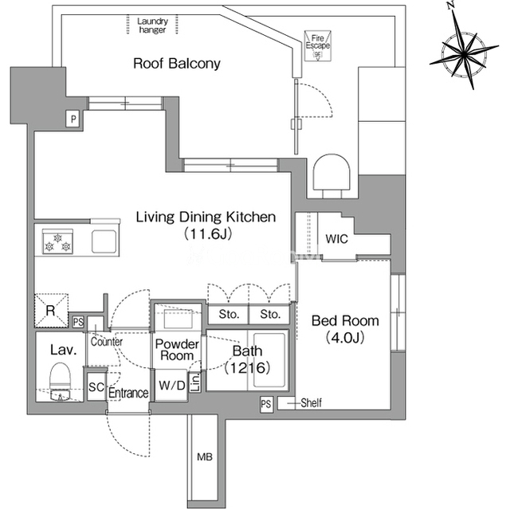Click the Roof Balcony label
point(177,64)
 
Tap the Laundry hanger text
point(152,25)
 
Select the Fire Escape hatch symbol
point(317,46)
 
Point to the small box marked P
point(73,119)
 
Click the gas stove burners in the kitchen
point(57,241)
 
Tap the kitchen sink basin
point(104,241)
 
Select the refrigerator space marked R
point(51,311)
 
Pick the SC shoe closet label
point(96,387)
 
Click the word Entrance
point(128,393)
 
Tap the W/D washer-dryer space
point(172,386)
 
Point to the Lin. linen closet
point(195,382)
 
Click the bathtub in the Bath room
point(269,360)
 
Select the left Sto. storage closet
point(229,315)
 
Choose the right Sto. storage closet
point(269,315)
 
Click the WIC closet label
point(336,239)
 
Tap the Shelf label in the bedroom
point(312,403)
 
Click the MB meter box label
point(205,457)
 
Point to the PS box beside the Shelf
point(266,404)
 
